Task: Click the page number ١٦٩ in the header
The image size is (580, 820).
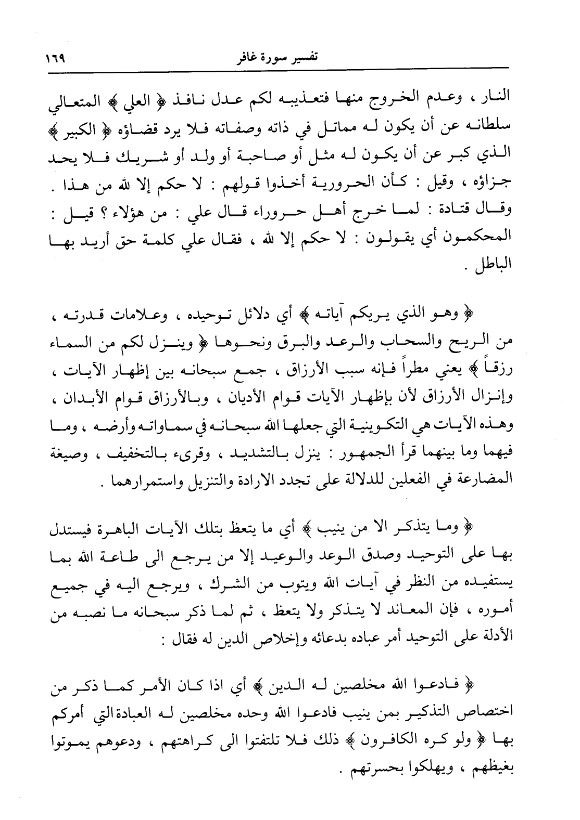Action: coord(61,55)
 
